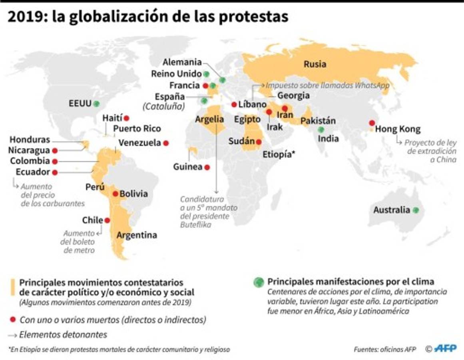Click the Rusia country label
pos(315,64)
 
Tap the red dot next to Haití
pos(127,118)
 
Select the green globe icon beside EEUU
pos(96,104)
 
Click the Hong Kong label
pos(398,129)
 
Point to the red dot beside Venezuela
pos(166,143)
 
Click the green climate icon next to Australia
pos(416,210)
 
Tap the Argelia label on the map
pos(209,119)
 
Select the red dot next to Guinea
pos(207,167)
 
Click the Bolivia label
pos(133,194)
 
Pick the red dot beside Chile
pos(107,220)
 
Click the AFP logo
pos(445,349)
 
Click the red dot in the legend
pos(13,320)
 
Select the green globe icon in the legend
pos(259,282)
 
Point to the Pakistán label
pos(318,121)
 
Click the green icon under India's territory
pos(321,130)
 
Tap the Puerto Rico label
pos(137,128)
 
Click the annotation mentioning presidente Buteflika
pos(209,212)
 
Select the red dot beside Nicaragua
pos(55,151)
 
